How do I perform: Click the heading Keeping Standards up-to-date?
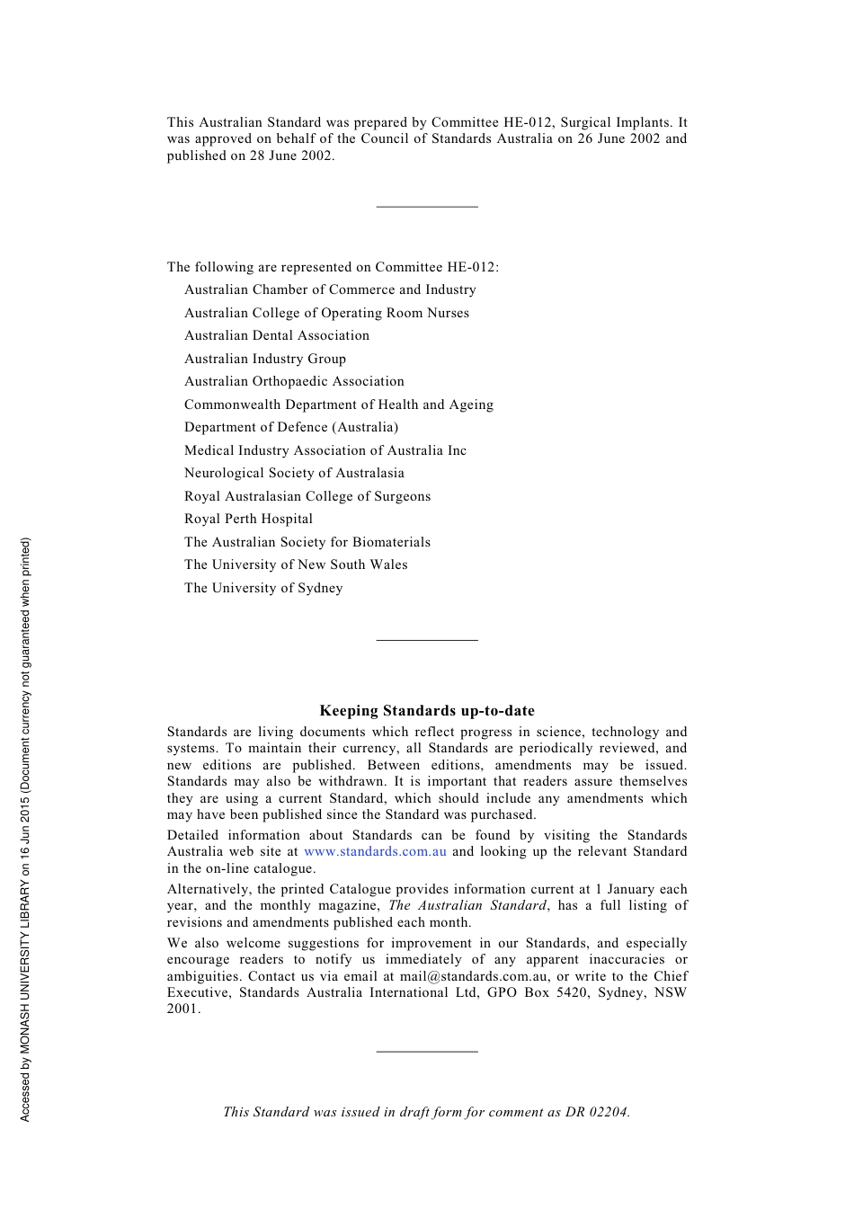pyautogui.click(x=427, y=711)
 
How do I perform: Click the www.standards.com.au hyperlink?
pyautogui.click(x=375, y=852)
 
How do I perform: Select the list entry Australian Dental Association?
pyautogui.click(x=277, y=335)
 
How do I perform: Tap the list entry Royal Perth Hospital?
pyautogui.click(x=249, y=519)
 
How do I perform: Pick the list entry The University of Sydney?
pyautogui.click(x=263, y=588)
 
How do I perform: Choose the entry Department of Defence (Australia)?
pyautogui.click(x=291, y=427)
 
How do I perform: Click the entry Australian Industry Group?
pyautogui.click(x=265, y=359)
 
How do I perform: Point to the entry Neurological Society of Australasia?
pyautogui.click(x=294, y=473)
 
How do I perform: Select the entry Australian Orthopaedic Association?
pyautogui.click(x=294, y=381)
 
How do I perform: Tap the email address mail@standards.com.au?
pyautogui.click(x=474, y=976)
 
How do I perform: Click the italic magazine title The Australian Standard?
pyautogui.click(x=467, y=906)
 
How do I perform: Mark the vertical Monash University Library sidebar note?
pyautogui.click(x=25, y=829)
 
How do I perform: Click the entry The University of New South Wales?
pyautogui.click(x=296, y=564)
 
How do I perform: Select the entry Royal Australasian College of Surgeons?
pyautogui.click(x=307, y=496)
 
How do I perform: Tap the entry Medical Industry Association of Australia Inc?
pyautogui.click(x=325, y=450)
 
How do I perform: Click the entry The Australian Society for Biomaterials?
pyautogui.click(x=307, y=542)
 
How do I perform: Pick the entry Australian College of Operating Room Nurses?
pyautogui.click(x=326, y=313)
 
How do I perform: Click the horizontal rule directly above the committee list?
pyautogui.click(x=427, y=207)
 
